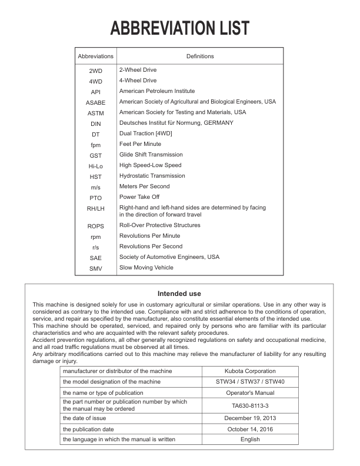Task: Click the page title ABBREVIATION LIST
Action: point(179,28)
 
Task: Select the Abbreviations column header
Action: point(95,56)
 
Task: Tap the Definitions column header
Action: point(200,56)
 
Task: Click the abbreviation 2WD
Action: point(95,71)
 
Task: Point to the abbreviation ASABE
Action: point(95,102)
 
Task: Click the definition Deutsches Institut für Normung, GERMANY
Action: point(176,123)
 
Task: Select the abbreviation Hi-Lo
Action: point(95,166)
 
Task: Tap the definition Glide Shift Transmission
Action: point(151,155)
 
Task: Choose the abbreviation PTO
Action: point(95,198)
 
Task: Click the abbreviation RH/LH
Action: point(95,208)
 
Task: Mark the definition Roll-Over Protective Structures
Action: point(159,225)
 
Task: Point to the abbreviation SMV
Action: point(95,268)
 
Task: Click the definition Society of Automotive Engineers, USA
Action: point(169,257)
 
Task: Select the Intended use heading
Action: point(179,294)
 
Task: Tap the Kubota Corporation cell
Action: point(250,371)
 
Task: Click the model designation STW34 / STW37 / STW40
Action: point(250,382)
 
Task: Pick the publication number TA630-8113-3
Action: point(250,405)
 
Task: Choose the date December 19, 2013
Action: point(250,418)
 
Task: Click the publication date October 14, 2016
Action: point(250,429)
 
